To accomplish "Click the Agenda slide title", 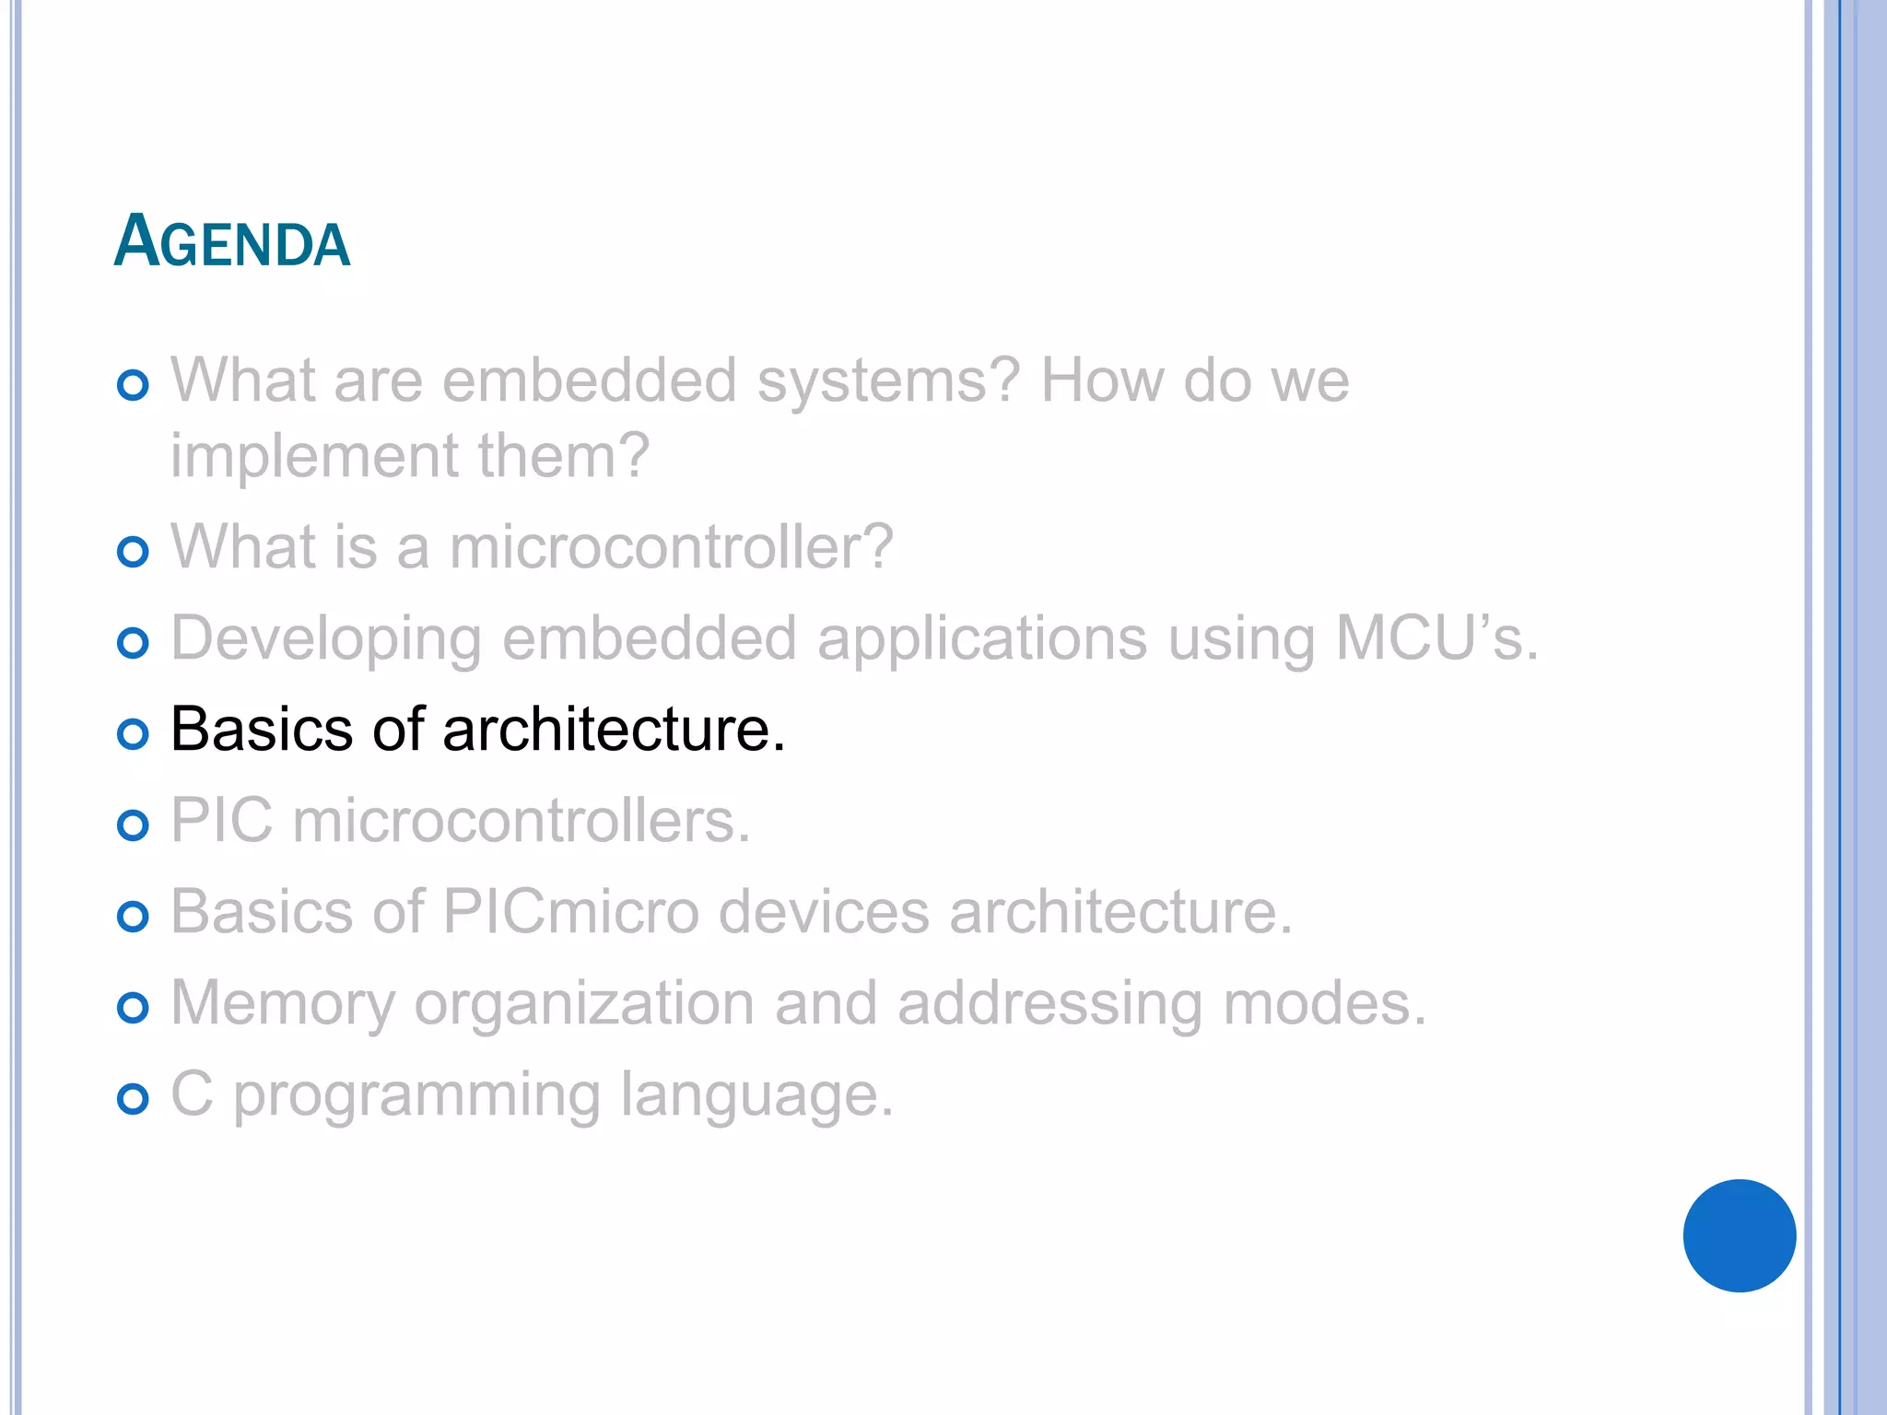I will (x=232, y=241).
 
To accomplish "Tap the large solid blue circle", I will (x=1739, y=1235).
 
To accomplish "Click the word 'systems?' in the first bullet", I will (x=888, y=380).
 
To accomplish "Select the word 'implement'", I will (x=314, y=456).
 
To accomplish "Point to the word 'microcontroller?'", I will (x=671, y=546).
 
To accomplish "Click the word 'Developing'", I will (x=326, y=639).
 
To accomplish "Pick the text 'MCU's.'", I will (x=1436, y=637).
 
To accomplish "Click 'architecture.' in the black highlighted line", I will (x=614, y=730).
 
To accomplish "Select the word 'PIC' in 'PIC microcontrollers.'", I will (x=222, y=820).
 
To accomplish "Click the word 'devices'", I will (x=824, y=912).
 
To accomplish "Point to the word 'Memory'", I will (x=283, y=1004).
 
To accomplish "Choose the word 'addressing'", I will (x=1049, y=1004).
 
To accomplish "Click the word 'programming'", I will (x=416, y=1096).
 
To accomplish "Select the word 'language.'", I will (x=756, y=1096).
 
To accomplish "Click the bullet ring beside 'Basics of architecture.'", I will (x=134, y=734).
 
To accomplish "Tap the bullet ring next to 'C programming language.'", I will (x=134, y=1099).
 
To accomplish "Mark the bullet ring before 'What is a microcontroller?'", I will (x=134, y=552).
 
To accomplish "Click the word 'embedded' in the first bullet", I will (x=590, y=380).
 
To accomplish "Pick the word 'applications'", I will (x=982, y=639).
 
